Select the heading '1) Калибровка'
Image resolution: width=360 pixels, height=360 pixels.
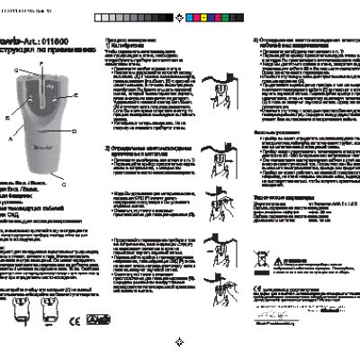(124, 49)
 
